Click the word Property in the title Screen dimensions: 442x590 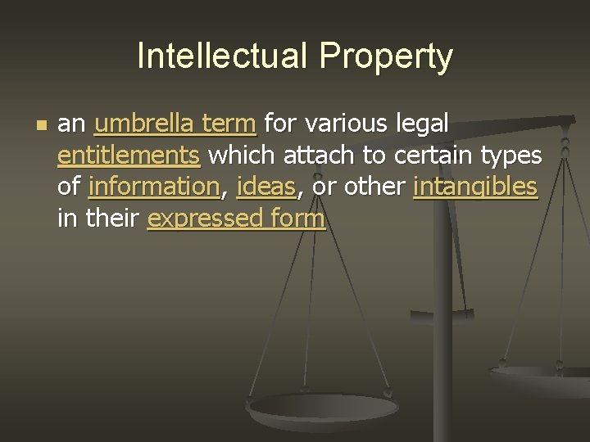(387, 56)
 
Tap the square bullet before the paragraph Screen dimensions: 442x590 (43, 126)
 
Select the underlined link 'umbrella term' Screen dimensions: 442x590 (176, 124)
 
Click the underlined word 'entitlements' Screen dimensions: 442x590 (129, 156)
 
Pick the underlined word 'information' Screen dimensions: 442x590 (155, 187)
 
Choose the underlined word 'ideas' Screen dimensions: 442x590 (265, 187)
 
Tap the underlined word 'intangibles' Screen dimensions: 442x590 (476, 187)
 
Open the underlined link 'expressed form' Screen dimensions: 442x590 (236, 219)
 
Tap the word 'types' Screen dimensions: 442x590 (511, 156)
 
